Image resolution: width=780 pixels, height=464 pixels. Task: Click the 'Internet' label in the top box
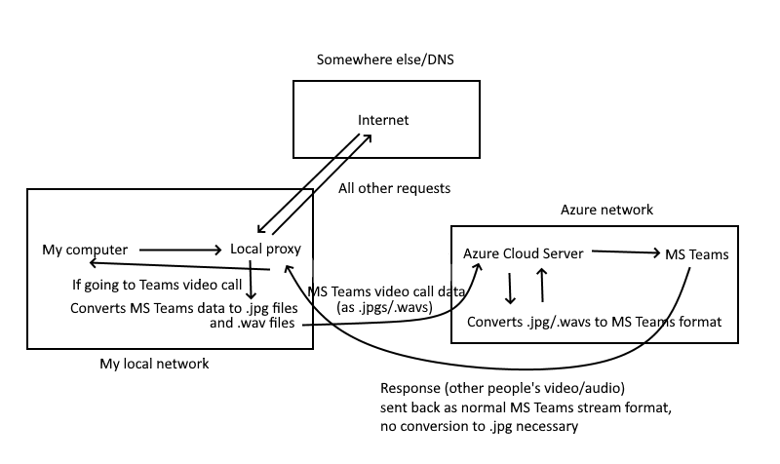pyautogui.click(x=383, y=121)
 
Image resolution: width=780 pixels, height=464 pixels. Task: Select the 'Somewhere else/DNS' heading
pyautogui.click(x=386, y=60)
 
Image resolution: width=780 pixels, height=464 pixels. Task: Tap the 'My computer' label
pyautogui.click(x=85, y=251)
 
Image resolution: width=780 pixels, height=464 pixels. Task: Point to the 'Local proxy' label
pyautogui.click(x=265, y=250)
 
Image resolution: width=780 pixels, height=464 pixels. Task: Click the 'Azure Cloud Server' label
pyautogui.click(x=523, y=253)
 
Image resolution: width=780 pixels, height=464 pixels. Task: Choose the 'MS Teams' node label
pyautogui.click(x=696, y=255)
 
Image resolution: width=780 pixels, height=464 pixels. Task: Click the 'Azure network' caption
pyautogui.click(x=606, y=210)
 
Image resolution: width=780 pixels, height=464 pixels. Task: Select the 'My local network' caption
pyautogui.click(x=154, y=364)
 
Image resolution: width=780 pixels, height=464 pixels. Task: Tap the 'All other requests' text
pyautogui.click(x=394, y=187)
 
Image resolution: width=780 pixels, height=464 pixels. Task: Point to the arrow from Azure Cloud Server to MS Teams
pyautogui.click(x=623, y=253)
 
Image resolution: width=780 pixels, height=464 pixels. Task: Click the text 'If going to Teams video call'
pyautogui.click(x=158, y=287)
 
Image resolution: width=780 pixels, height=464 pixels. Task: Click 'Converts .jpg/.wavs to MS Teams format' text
pyautogui.click(x=595, y=322)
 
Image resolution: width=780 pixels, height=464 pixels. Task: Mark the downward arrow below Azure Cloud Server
pyautogui.click(x=510, y=288)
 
